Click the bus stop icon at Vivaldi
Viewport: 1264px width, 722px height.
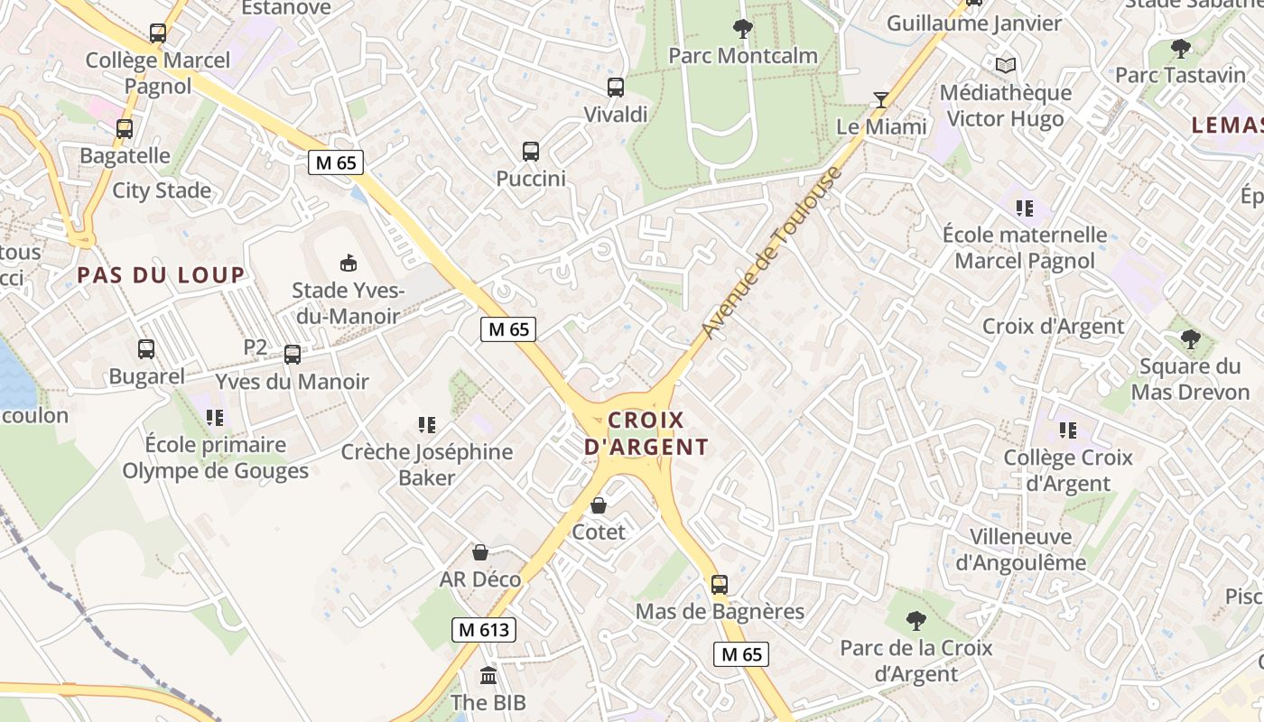pyautogui.click(x=615, y=88)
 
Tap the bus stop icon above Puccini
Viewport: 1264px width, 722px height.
pyautogui.click(x=531, y=152)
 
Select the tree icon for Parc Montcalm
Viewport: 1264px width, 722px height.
pyautogui.click(x=743, y=29)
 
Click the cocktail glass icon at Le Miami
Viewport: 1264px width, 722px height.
pyautogui.click(x=881, y=99)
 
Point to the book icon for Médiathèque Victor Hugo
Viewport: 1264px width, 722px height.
pyautogui.click(x=1006, y=65)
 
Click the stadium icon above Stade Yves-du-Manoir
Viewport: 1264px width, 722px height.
pyautogui.click(x=348, y=263)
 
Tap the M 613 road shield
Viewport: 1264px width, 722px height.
pyautogui.click(x=484, y=630)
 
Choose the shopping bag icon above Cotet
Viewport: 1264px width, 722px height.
pyautogui.click(x=598, y=505)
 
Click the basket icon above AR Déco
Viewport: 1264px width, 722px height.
pyautogui.click(x=480, y=551)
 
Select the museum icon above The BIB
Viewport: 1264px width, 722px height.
pyautogui.click(x=488, y=675)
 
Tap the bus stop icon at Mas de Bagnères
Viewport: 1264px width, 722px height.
pyautogui.click(x=719, y=585)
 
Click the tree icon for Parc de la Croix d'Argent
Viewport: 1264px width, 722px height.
pyautogui.click(x=916, y=621)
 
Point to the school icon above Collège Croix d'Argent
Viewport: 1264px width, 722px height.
pyautogui.click(x=1068, y=430)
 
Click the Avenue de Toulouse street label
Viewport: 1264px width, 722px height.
pyautogui.click(x=771, y=254)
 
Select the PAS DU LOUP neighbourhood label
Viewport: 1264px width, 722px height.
pyautogui.click(x=161, y=275)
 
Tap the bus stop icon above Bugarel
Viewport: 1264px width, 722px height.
pyautogui.click(x=146, y=349)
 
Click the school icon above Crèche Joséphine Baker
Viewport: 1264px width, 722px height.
pyautogui.click(x=427, y=425)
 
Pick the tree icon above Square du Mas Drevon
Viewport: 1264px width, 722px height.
pyautogui.click(x=1190, y=339)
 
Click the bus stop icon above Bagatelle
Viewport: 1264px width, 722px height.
pyautogui.click(x=125, y=129)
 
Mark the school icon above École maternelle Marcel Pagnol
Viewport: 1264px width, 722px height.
pyautogui.click(x=1024, y=208)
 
